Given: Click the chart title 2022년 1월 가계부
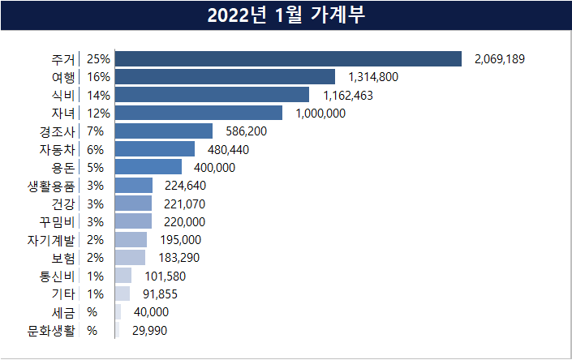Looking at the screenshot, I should (286, 15).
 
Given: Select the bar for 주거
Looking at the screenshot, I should (288, 58).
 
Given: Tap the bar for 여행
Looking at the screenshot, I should (225, 77).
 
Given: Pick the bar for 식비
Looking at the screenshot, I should (212, 95).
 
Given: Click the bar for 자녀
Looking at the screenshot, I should (199, 113).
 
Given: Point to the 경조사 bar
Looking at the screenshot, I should (164, 131).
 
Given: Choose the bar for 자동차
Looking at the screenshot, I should (155, 148).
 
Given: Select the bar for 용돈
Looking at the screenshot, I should (148, 167).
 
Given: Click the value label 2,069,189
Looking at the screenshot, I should (505, 59).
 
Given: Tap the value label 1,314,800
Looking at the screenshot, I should (373, 77).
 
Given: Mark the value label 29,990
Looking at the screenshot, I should (150, 330).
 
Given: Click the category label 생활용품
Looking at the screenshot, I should (50, 185).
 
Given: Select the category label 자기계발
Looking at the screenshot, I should (50, 239).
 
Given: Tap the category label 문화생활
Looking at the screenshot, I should (50, 330).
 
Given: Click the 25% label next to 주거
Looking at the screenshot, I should (98, 59).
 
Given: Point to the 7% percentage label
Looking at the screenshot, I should (95, 131).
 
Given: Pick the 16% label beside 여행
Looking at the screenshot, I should (98, 77).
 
